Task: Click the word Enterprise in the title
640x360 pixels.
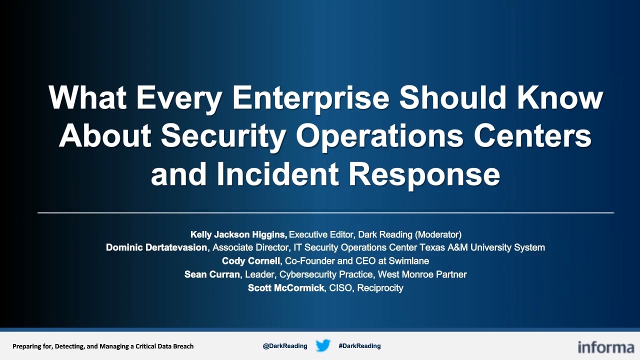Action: pyautogui.click(x=311, y=98)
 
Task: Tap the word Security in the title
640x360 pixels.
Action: pyautogui.click(x=223, y=136)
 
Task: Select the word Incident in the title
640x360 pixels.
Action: pyautogui.click(x=277, y=174)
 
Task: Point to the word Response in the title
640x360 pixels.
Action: pyautogui.click(x=424, y=175)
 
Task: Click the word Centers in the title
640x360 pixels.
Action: pyautogui.click(x=532, y=136)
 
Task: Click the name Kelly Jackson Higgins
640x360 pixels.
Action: pyautogui.click(x=239, y=234)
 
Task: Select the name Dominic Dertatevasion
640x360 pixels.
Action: pyautogui.click(x=156, y=247)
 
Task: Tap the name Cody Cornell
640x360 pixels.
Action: pyautogui.click(x=251, y=261)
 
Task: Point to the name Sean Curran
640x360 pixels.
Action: pyautogui.click(x=212, y=274)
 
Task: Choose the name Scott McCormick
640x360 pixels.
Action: pyautogui.click(x=286, y=287)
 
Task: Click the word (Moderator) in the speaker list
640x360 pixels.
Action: pyautogui.click(x=438, y=234)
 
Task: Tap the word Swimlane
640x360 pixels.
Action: pyautogui.click(x=409, y=261)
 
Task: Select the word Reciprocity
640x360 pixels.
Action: pyautogui.click(x=380, y=288)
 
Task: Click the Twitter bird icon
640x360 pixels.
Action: pyautogui.click(x=323, y=345)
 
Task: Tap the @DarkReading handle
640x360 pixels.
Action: pyautogui.click(x=285, y=346)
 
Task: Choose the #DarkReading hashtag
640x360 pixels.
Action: pyautogui.click(x=359, y=346)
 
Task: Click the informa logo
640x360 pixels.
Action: pyautogui.click(x=606, y=347)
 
